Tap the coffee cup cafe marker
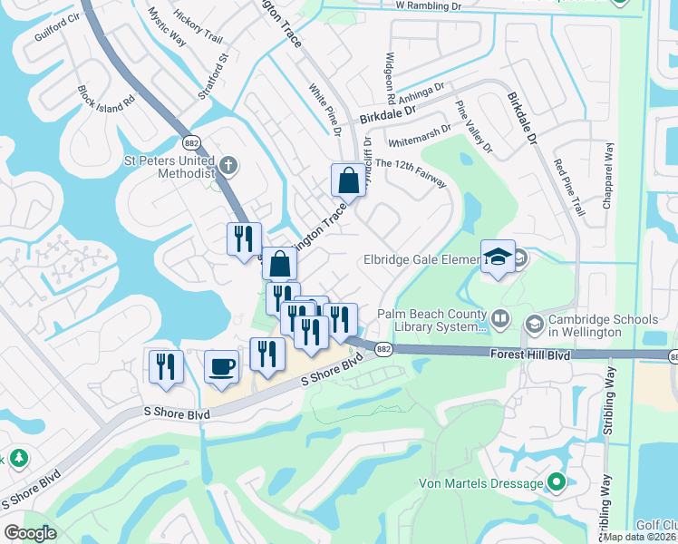click(x=222, y=367)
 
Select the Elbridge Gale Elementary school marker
click(x=498, y=257)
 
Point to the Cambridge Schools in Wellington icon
click(x=535, y=323)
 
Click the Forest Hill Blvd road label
click(x=531, y=355)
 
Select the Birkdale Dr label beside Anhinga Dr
click(x=386, y=114)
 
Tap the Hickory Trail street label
click(x=198, y=26)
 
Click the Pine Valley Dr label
click(x=474, y=127)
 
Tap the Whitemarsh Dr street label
click(x=418, y=137)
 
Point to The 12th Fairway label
click(x=411, y=173)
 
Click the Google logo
click(x=30, y=533)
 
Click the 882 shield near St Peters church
click(x=191, y=142)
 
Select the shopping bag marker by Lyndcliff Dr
click(x=348, y=180)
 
